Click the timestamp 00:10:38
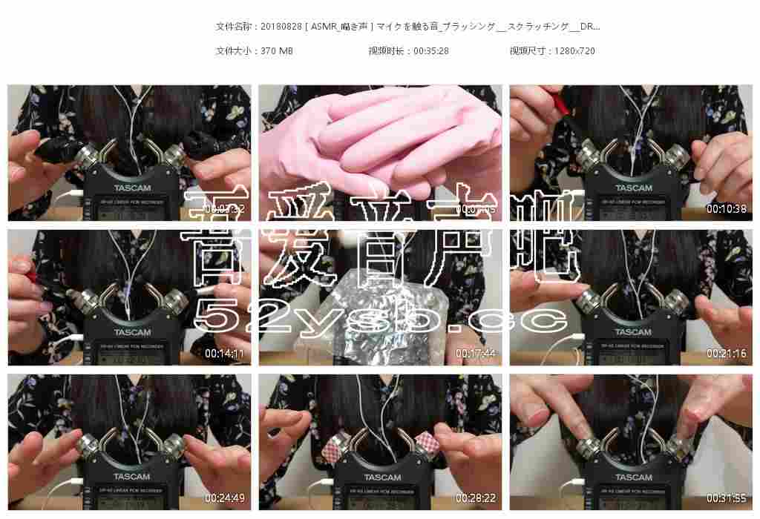pos(726,209)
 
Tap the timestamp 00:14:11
pos(224,354)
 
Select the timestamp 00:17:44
pos(475,354)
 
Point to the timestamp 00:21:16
pos(726,354)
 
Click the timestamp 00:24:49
pos(224,498)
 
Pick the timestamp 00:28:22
pos(475,498)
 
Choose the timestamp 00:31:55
pos(726,498)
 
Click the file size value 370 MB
pos(277,51)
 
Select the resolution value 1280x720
pos(574,51)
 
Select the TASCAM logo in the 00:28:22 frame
pos(383,477)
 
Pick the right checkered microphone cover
pos(429,443)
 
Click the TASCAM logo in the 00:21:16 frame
pos(633,332)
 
